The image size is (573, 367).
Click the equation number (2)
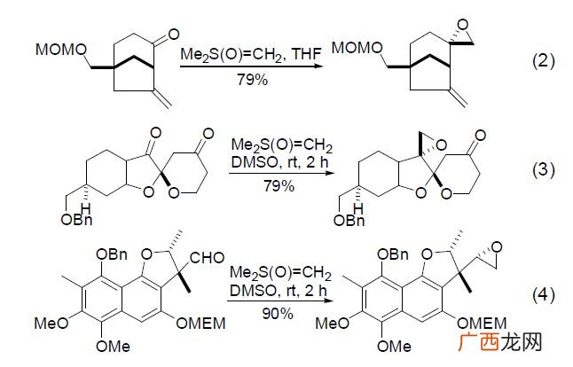[x=544, y=60]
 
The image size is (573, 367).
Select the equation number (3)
[x=544, y=170]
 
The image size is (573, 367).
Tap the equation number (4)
[x=544, y=295]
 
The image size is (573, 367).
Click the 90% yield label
[x=278, y=313]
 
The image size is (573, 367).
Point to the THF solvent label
[x=307, y=54]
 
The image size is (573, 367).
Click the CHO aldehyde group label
[x=207, y=258]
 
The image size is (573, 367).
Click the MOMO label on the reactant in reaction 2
[x=61, y=50]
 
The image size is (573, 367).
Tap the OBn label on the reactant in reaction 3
[x=76, y=220]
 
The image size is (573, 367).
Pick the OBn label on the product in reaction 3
[x=349, y=221]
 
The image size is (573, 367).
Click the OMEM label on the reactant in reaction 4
[x=201, y=324]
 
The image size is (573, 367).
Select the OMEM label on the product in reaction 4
[x=482, y=324]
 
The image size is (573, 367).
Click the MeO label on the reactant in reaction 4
[x=51, y=324]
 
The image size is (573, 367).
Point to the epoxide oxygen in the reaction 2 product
[x=463, y=25]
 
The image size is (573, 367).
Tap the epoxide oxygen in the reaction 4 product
[x=497, y=247]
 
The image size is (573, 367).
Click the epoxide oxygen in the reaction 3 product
[x=441, y=145]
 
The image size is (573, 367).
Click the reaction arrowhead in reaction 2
[x=318, y=66]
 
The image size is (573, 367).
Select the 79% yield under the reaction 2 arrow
[x=252, y=79]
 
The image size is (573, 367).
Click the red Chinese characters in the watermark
[x=479, y=342]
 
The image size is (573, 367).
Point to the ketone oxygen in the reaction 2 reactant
[x=172, y=35]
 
